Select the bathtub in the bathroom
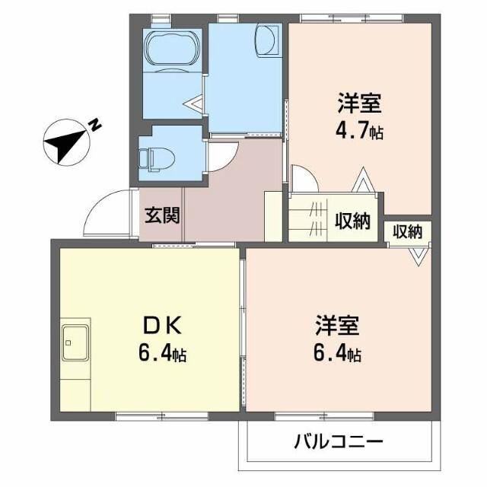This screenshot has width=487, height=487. [170, 53]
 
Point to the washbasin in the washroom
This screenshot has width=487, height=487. [268, 40]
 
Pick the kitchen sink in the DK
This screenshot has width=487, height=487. [75, 340]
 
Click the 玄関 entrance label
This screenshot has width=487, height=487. [162, 216]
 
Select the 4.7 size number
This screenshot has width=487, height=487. [352, 130]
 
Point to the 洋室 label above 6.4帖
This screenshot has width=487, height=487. [337, 326]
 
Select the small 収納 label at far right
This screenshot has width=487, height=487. [407, 232]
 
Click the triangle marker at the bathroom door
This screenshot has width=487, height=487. [195, 100]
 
